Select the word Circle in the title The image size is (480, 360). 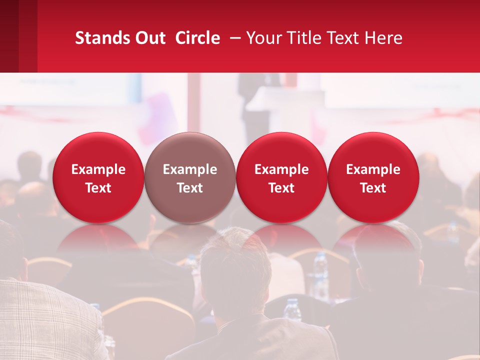click(197, 38)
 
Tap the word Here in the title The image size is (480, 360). click(384, 38)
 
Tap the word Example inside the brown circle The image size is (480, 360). click(190, 169)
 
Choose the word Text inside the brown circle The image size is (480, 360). click(190, 188)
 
